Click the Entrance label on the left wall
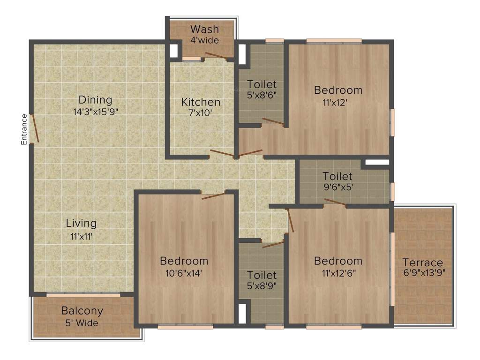pyautogui.click(x=24, y=129)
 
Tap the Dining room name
pyautogui.click(x=95, y=100)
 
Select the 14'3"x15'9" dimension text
pyautogui.click(x=95, y=112)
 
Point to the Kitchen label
pyautogui.click(x=201, y=102)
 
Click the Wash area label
pyautogui.click(x=204, y=30)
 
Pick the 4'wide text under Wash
pyautogui.click(x=204, y=40)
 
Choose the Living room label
pyautogui.click(x=81, y=223)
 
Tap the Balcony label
pyautogui.click(x=82, y=311)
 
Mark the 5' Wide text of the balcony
pyautogui.click(x=82, y=322)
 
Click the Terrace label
pyautogui.click(x=423, y=262)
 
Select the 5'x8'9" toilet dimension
pyautogui.click(x=262, y=285)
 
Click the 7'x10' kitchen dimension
pyautogui.click(x=201, y=113)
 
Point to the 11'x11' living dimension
pyautogui.click(x=82, y=237)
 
